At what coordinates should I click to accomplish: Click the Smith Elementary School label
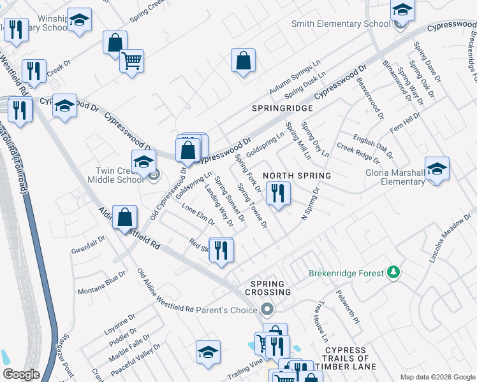point(341,24)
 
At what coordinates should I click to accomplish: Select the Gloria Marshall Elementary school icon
point(437,169)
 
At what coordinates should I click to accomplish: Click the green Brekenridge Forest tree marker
point(395,273)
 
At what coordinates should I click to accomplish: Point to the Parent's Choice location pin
point(267,310)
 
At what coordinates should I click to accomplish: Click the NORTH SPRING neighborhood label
point(297,175)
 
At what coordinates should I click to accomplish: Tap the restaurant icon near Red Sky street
point(221,250)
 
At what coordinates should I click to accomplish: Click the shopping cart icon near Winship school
point(131,62)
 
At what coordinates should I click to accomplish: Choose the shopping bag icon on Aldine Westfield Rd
point(125,218)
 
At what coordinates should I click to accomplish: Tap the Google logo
point(21,374)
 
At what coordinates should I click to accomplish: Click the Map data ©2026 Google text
point(437,377)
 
